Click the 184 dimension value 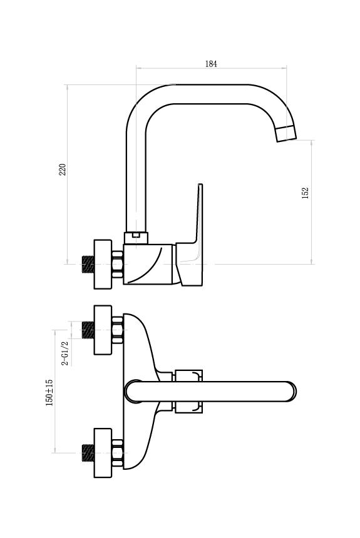[211, 64]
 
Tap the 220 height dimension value [63, 170]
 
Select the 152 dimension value [305, 193]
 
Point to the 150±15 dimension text [49, 392]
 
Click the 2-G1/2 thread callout [65, 353]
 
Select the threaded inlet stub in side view [88, 265]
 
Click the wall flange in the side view [103, 264]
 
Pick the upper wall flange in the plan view [103, 330]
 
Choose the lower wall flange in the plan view [103, 452]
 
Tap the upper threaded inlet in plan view [88, 330]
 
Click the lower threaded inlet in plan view [88, 452]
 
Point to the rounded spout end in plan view [291, 392]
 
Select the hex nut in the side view [118, 265]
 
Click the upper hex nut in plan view [118, 330]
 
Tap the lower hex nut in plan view [118, 452]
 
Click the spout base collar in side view [136, 238]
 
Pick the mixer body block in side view [148, 265]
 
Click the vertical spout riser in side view [136, 178]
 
